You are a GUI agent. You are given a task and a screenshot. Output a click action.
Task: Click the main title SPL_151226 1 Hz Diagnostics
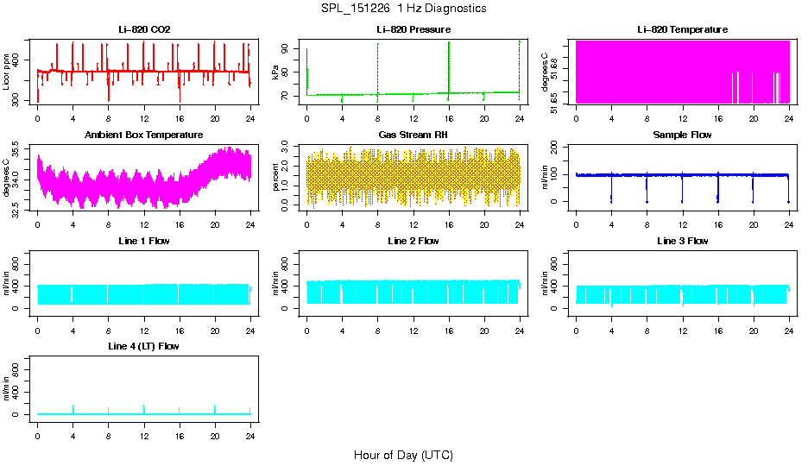[402, 9]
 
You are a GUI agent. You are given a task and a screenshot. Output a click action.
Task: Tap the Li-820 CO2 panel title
[144, 30]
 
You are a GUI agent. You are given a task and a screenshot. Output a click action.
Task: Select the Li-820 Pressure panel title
[413, 30]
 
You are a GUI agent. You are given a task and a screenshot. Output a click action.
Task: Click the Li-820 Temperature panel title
[682, 30]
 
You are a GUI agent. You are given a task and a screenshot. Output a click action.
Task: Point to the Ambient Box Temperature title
[144, 135]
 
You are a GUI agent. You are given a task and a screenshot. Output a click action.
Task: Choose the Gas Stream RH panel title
[413, 135]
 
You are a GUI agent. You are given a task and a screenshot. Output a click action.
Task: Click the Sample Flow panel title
[682, 135]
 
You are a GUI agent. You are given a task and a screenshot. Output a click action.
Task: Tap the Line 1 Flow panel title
[144, 241]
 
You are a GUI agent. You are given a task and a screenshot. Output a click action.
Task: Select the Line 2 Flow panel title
[413, 241]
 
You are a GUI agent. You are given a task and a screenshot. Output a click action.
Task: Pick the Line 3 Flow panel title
[682, 241]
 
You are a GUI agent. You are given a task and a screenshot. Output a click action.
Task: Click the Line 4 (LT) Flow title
[144, 346]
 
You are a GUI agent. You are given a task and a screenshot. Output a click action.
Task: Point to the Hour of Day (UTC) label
[403, 455]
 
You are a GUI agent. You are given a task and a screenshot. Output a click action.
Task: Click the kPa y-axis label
[275, 72]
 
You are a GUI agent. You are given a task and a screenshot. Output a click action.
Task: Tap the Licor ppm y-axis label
[7, 72]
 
